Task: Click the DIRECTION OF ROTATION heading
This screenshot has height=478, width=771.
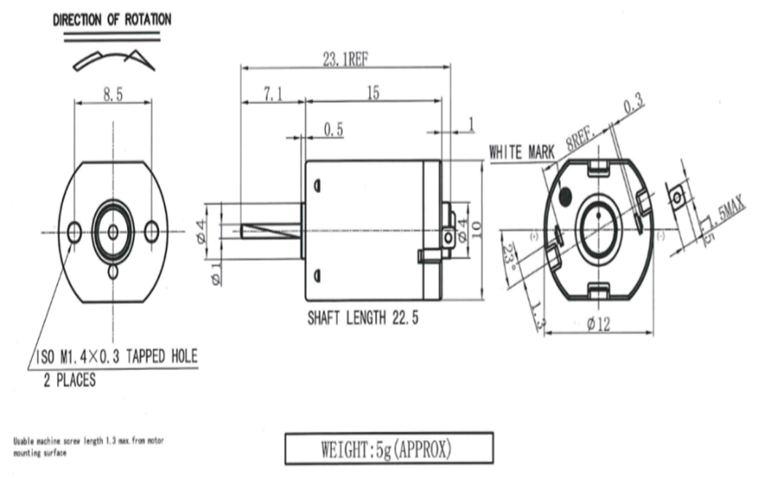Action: pos(112,20)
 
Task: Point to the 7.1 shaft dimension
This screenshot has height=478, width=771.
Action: pos(271,94)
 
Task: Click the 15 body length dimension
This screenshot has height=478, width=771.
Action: pos(373,93)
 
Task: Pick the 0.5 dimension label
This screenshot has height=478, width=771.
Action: pos(333,130)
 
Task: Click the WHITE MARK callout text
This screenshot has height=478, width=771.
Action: pos(522,152)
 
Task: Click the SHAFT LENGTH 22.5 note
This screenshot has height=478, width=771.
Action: pos(363,318)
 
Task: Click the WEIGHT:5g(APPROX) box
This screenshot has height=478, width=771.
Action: pos(388,448)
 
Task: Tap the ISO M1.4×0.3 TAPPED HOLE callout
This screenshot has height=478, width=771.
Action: pos(117,356)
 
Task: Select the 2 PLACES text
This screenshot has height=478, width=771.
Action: pos(69,380)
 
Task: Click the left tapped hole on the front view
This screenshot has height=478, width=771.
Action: pos(74,232)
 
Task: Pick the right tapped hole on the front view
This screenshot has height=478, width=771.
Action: pos(151,232)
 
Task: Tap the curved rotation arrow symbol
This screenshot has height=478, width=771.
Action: pos(113,60)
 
